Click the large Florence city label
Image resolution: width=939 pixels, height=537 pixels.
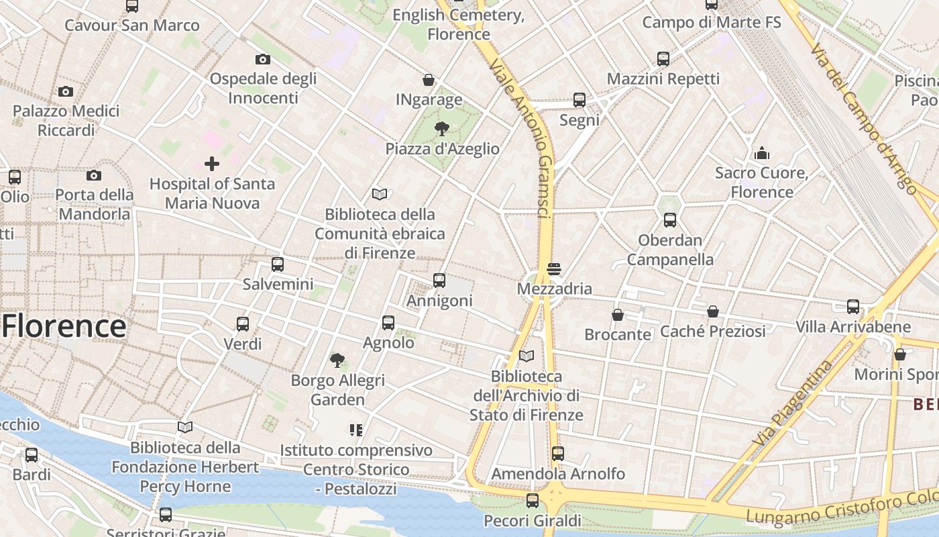pyautogui.click(x=64, y=327)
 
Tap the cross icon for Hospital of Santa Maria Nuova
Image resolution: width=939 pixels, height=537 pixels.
pyautogui.click(x=212, y=163)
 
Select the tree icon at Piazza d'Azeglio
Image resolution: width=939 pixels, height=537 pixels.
pyautogui.click(x=442, y=128)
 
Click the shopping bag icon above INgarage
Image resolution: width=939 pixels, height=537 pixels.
pyautogui.click(x=429, y=81)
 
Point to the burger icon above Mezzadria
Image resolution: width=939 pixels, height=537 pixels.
pyautogui.click(x=554, y=269)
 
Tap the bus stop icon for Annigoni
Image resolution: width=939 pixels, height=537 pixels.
pyautogui.click(x=439, y=280)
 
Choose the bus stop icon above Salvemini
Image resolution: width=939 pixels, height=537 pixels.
pyautogui.click(x=278, y=264)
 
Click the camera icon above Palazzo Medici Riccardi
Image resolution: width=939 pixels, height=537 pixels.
pyautogui.click(x=66, y=91)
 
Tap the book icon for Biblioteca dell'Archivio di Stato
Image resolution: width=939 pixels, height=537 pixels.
pyautogui.click(x=527, y=356)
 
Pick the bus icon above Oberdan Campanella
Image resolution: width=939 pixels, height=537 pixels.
pyautogui.click(x=669, y=219)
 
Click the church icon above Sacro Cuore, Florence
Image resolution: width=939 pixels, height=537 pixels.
pyautogui.click(x=761, y=153)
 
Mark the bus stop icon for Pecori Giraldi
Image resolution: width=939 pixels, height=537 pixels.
pyautogui.click(x=533, y=500)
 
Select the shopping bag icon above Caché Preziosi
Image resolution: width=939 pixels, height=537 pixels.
pyautogui.click(x=713, y=311)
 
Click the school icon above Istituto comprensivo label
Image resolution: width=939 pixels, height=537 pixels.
pyautogui.click(x=356, y=430)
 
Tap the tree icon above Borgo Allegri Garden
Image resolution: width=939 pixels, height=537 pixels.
pyautogui.click(x=337, y=360)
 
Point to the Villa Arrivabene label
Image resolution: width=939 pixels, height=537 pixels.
pyautogui.click(x=853, y=328)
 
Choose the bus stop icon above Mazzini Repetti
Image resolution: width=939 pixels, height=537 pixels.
pyautogui.click(x=663, y=58)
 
